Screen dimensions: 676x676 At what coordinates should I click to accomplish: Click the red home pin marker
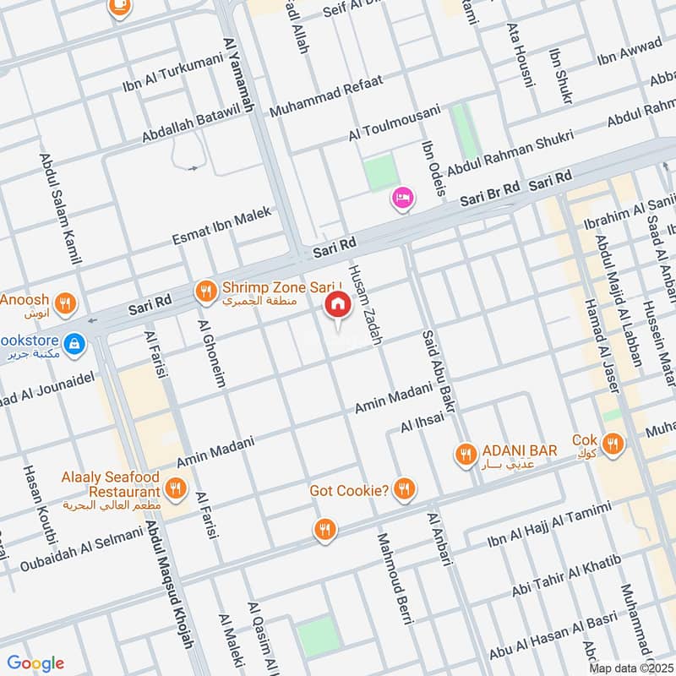tap(338, 304)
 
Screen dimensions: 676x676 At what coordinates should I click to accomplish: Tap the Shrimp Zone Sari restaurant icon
tap(205, 292)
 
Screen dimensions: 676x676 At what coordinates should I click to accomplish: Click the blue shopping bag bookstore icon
tap(75, 343)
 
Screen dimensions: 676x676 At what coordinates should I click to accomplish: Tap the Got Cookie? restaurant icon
tap(406, 488)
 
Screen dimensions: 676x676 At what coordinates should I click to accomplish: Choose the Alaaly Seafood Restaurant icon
tap(176, 488)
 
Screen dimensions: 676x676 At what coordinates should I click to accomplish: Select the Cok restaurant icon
tap(614, 442)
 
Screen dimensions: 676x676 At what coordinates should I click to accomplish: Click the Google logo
tap(35, 662)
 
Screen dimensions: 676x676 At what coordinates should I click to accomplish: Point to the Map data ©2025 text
tap(630, 668)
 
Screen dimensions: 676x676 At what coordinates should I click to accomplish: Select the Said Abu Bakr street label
tap(439, 372)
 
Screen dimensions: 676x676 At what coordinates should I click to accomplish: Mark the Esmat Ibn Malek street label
tap(222, 226)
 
